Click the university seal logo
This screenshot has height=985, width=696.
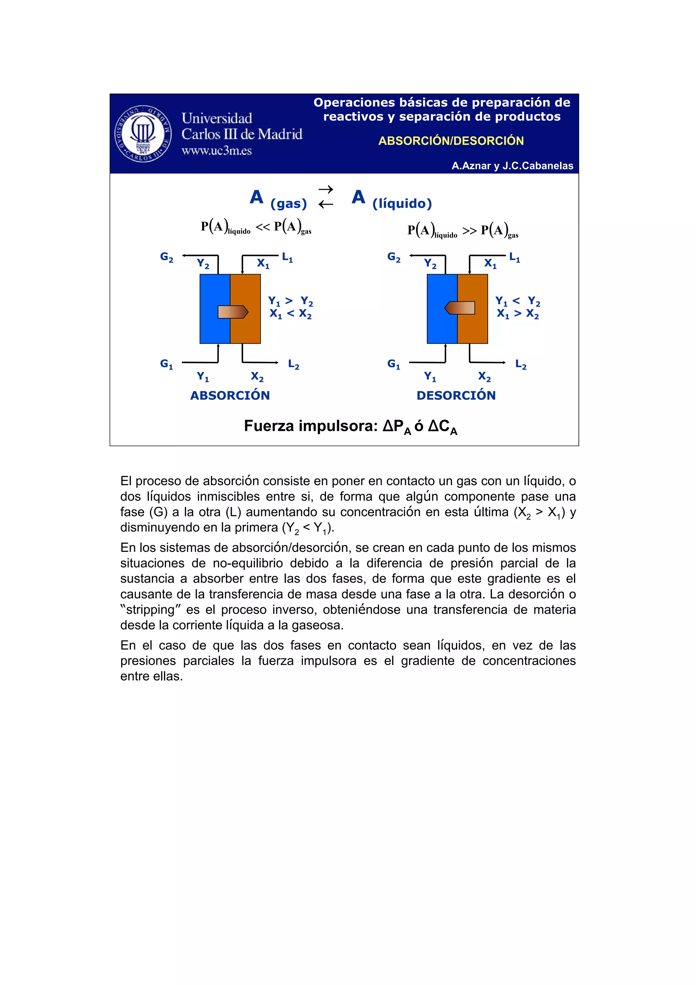point(143,133)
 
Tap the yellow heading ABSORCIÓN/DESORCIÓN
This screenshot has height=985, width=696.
point(451,141)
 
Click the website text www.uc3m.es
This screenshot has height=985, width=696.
point(216,151)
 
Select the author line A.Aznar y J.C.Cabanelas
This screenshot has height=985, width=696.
point(512,166)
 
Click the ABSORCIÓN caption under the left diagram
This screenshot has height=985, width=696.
point(230,395)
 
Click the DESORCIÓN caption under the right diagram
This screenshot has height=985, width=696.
point(456,395)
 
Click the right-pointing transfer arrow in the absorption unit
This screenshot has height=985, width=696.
point(233,312)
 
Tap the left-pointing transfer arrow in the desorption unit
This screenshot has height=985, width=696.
point(460,308)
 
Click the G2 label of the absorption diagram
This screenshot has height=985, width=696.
point(167,257)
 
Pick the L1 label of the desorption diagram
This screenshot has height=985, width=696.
point(514,257)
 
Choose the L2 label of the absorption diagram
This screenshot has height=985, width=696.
point(293,364)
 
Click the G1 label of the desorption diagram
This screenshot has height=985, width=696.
point(393,364)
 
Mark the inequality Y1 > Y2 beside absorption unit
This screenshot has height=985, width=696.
point(290,301)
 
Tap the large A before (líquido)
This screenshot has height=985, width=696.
point(358,197)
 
